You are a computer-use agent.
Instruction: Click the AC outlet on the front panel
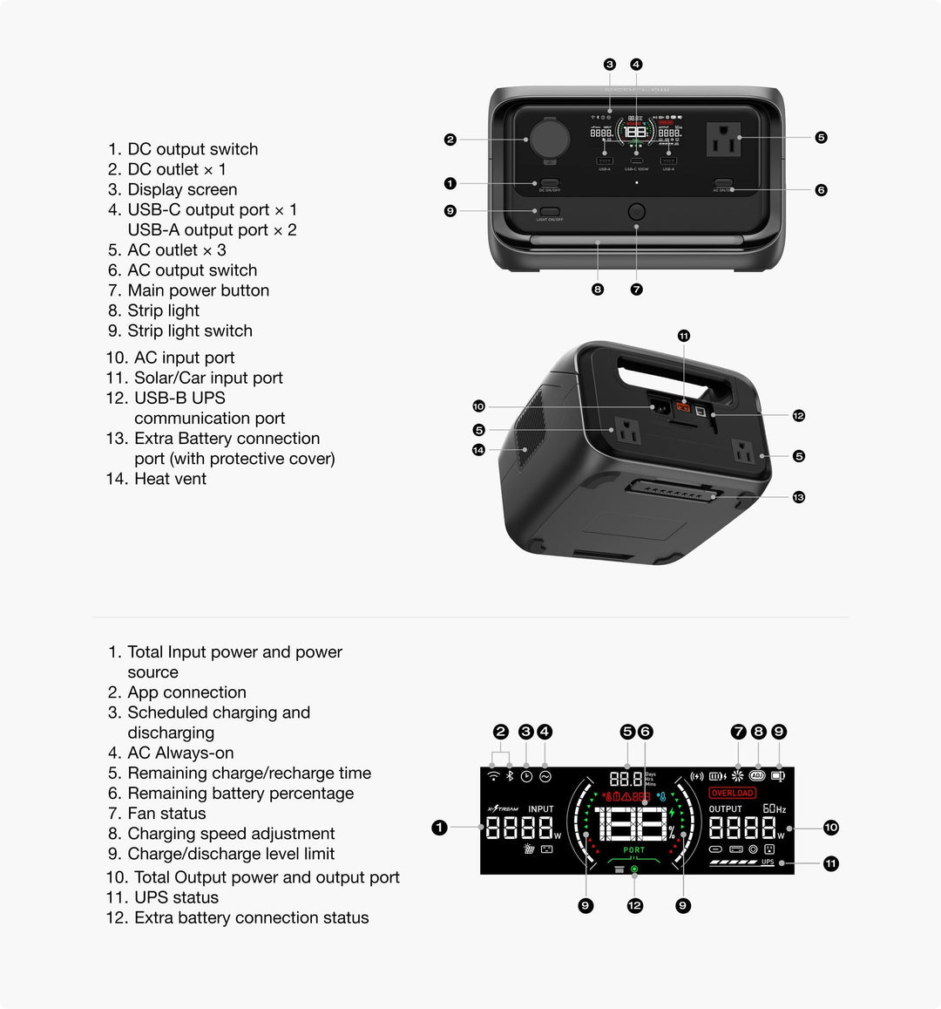tap(723, 138)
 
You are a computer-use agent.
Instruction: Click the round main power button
tap(637, 212)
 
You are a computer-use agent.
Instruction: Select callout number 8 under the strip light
tap(598, 290)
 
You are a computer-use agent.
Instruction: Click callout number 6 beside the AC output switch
tap(821, 190)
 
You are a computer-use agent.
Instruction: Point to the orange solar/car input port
tap(684, 407)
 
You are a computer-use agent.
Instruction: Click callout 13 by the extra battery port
tap(798, 497)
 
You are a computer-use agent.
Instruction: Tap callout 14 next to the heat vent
tap(478, 450)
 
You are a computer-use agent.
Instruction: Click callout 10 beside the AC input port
tap(478, 406)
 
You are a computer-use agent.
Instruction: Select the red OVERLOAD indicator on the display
tap(732, 793)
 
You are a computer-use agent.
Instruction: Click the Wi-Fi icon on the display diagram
tap(493, 776)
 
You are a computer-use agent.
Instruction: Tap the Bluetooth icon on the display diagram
tap(510, 776)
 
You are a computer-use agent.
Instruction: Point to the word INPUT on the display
tap(541, 809)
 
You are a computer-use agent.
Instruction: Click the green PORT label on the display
tap(634, 849)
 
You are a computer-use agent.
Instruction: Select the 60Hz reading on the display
tap(774, 809)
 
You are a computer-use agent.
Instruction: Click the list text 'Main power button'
tap(198, 290)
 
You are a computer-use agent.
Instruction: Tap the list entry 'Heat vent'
tap(170, 479)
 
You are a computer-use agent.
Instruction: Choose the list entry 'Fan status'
tap(166, 814)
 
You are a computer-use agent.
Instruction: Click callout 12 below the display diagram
tap(634, 906)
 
